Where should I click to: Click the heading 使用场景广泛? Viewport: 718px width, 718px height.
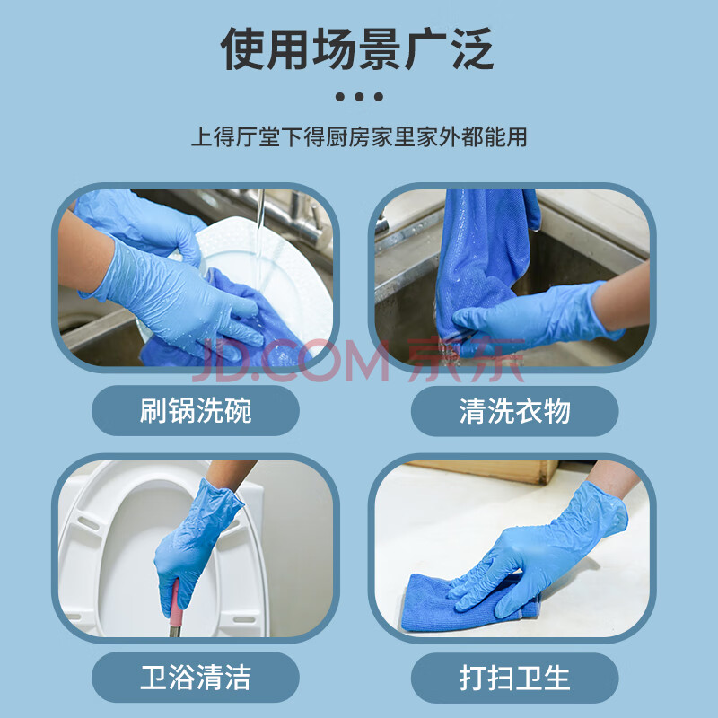click(x=357, y=48)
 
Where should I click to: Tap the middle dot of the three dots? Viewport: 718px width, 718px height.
click(x=359, y=97)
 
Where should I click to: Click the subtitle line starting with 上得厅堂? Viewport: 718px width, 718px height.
click(x=359, y=137)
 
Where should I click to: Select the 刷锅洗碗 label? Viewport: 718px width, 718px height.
click(x=196, y=410)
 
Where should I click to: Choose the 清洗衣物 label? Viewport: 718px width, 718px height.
click(x=514, y=411)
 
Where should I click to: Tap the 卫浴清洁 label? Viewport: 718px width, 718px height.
click(x=196, y=678)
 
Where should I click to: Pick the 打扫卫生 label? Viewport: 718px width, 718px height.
click(x=514, y=678)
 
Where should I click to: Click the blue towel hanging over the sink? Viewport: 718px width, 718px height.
click(x=481, y=257)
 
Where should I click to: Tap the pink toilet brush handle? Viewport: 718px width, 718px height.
click(x=175, y=604)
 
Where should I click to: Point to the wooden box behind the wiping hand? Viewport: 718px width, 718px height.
click(x=486, y=470)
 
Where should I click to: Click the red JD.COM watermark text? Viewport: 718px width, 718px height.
click(x=289, y=360)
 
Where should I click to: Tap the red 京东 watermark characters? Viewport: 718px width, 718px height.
click(x=466, y=360)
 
